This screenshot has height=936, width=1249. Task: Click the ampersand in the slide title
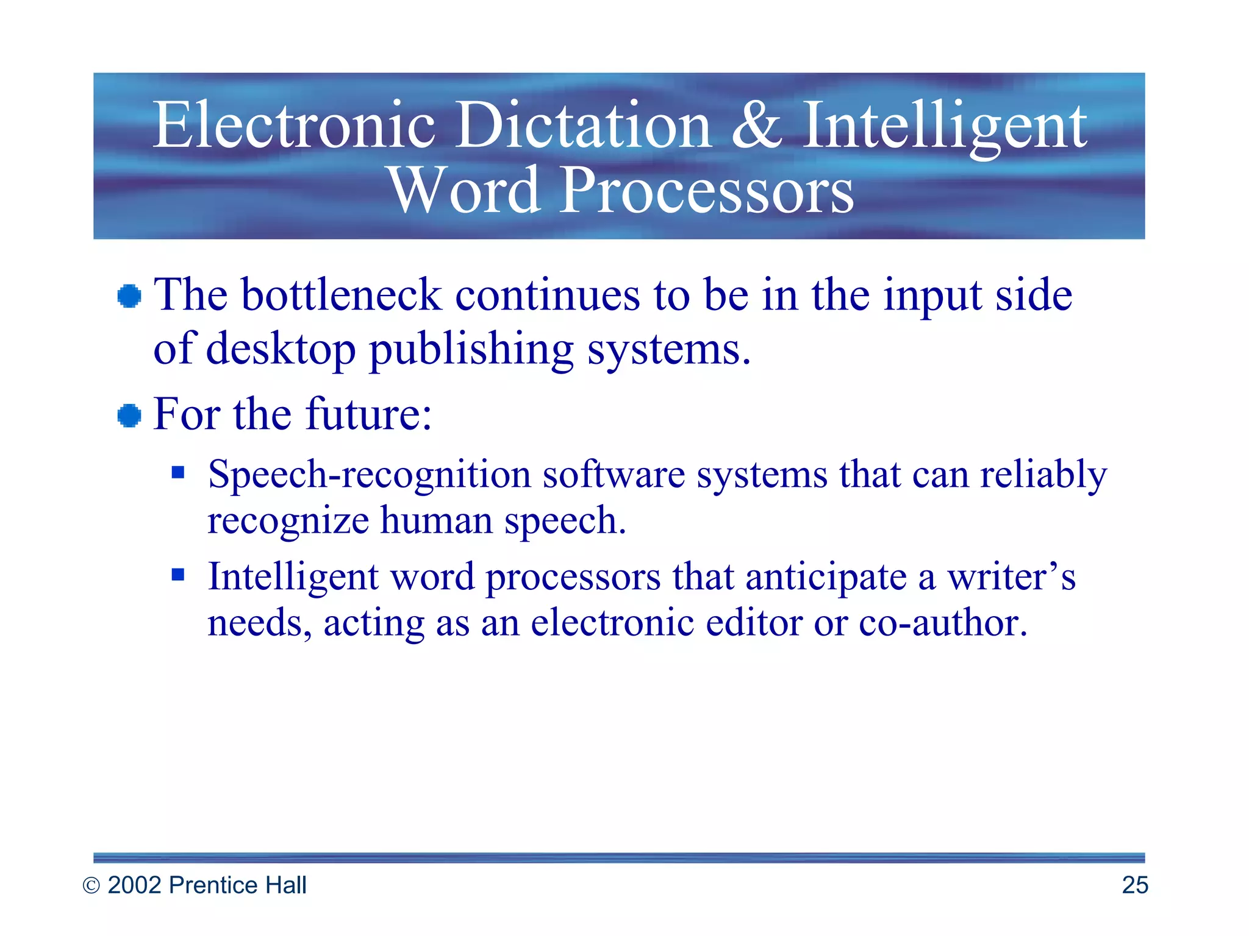click(x=756, y=125)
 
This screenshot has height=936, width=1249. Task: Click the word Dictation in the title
click(x=584, y=125)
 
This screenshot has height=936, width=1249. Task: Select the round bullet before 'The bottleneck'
click(x=129, y=297)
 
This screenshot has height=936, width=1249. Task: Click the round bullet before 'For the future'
click(x=129, y=416)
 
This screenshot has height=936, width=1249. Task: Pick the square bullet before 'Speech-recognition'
click(x=177, y=472)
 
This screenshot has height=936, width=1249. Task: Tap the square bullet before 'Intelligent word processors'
click(x=177, y=574)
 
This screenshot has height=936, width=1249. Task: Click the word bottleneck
click(x=341, y=296)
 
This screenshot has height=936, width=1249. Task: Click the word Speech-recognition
click(x=369, y=475)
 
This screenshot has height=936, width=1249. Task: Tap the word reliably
click(x=1043, y=475)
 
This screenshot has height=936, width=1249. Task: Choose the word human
click(x=436, y=521)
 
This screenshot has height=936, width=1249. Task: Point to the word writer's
click(x=1011, y=576)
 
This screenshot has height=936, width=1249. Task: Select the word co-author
click(x=943, y=623)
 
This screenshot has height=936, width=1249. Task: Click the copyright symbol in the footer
click(x=91, y=886)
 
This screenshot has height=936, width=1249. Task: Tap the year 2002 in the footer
click(x=135, y=885)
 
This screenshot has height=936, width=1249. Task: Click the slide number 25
click(x=1134, y=885)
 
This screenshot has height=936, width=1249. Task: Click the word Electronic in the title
click(x=293, y=125)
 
